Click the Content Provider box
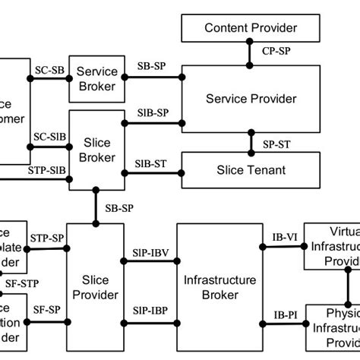tap(251, 29)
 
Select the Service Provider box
tap(251, 98)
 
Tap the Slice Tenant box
tap(251, 170)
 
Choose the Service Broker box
tap(97, 78)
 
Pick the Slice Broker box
tap(97, 150)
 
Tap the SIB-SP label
tap(153, 112)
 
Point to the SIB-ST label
tap(153, 163)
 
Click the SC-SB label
tap(49, 70)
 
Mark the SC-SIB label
tap(48, 137)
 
